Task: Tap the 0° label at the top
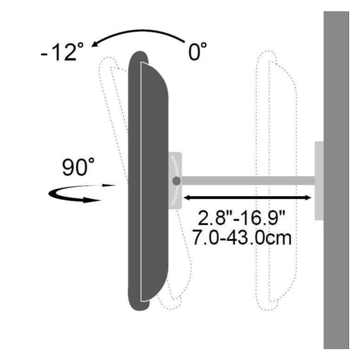(197, 51)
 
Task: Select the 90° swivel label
(78, 166)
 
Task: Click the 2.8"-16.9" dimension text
(241, 218)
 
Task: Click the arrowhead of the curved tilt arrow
(95, 44)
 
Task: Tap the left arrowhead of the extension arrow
(187, 197)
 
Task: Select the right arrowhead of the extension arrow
(308, 197)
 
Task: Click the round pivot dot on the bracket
(176, 181)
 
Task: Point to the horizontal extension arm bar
(248, 181)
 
